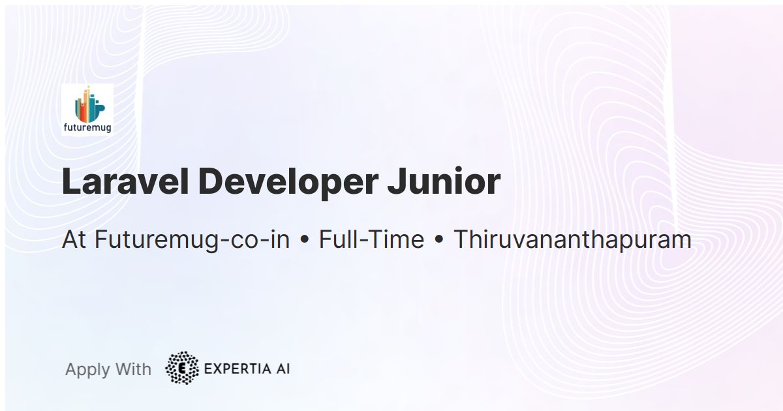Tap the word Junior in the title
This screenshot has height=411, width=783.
point(444,182)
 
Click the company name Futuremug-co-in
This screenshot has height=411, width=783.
point(192,240)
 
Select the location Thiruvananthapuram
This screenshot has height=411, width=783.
point(572,240)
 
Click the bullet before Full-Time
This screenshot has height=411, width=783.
point(304,241)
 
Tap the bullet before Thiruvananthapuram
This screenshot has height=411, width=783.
point(438,241)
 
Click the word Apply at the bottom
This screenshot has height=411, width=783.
point(87,370)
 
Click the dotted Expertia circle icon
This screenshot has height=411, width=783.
point(181,368)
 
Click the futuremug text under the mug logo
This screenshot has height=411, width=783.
point(87,128)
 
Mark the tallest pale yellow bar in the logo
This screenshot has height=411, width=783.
point(87,104)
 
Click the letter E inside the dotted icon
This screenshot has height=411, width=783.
point(181,369)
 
